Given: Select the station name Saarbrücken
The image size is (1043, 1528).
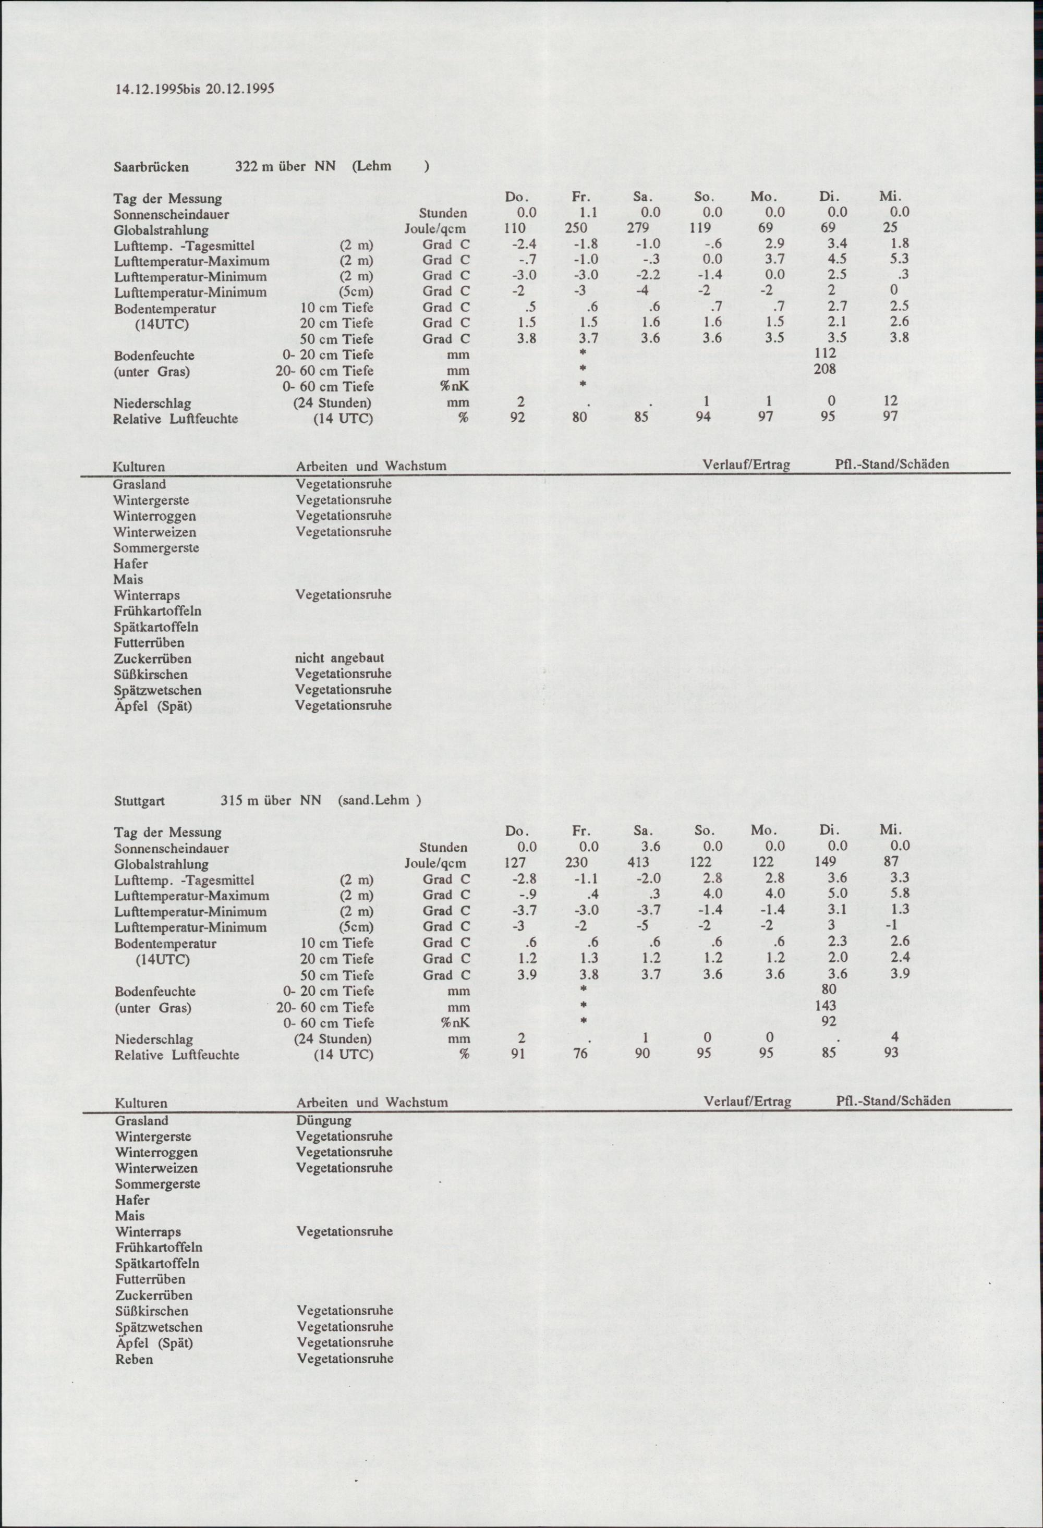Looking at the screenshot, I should [x=151, y=167].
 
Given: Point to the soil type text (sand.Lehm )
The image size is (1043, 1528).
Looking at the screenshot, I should [x=379, y=801].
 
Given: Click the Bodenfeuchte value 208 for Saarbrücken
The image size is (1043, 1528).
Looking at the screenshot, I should [x=824, y=370].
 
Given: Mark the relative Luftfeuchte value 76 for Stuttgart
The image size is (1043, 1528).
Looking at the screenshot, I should [x=579, y=1054].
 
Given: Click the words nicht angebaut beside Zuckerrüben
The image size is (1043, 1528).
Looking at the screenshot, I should [x=340, y=658].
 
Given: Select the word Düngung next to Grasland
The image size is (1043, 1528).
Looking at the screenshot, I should [x=324, y=1120].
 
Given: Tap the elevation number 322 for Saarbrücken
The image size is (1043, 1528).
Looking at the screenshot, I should [x=246, y=167].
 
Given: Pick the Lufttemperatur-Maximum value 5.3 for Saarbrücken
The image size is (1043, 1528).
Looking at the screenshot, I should [x=898, y=260].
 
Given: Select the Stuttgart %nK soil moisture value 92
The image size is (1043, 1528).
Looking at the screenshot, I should [x=829, y=1021].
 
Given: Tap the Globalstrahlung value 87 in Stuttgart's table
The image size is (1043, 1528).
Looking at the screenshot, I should [x=892, y=862].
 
